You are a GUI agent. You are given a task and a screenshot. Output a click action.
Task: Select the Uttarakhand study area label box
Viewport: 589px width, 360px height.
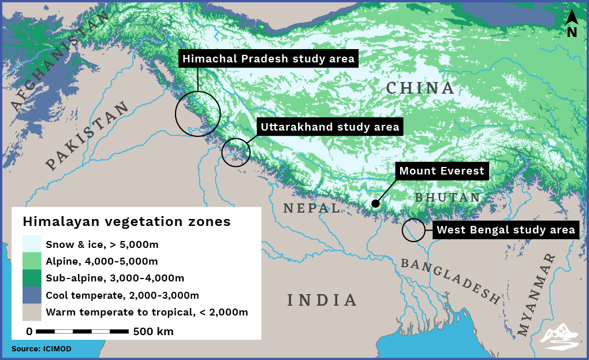[x=330, y=127]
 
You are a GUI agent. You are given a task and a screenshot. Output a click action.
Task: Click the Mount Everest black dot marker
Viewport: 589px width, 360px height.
[x=375, y=203]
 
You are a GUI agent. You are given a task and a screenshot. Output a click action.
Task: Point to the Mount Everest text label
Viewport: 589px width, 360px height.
[x=442, y=171]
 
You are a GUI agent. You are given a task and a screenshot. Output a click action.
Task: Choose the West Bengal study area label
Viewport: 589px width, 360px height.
[x=505, y=230]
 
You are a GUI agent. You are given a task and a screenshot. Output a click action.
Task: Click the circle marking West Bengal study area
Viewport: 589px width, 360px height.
[x=413, y=230]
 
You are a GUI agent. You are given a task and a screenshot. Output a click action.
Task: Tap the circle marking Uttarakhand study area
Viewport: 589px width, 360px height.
[x=236, y=153]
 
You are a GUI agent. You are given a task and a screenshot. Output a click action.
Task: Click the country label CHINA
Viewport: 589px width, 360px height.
[x=420, y=88]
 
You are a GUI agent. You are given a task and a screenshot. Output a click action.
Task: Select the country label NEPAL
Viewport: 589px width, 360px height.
[x=312, y=208]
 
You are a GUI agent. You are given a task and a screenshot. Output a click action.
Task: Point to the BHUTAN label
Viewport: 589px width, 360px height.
[x=447, y=198]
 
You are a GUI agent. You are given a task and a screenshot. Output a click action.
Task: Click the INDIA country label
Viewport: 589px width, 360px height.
[x=322, y=300]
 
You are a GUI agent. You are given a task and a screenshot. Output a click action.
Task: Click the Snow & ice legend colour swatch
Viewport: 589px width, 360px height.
[x=32, y=244]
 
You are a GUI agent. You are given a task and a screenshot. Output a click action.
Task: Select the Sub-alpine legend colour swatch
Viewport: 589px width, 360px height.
[x=32, y=279]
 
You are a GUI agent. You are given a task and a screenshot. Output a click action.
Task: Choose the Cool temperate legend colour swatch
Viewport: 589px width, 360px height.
[x=32, y=295]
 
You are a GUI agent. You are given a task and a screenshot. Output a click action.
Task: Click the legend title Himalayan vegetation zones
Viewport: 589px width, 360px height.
[x=126, y=222]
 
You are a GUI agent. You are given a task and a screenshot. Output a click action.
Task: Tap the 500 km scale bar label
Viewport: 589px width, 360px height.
[x=153, y=332]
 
